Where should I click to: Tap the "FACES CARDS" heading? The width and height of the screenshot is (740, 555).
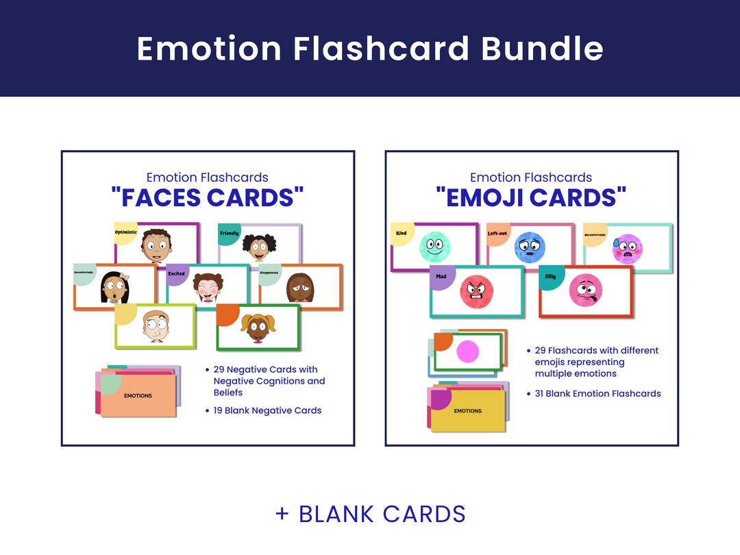click(208, 197)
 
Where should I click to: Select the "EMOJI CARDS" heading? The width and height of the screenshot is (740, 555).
click(531, 197)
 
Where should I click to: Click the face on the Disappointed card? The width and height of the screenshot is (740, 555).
click(299, 287)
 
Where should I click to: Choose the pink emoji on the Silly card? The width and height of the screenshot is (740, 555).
click(585, 291)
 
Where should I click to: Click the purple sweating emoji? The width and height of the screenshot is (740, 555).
click(627, 248)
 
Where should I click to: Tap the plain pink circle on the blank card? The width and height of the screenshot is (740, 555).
click(467, 352)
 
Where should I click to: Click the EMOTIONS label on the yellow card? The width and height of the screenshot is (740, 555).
click(468, 411)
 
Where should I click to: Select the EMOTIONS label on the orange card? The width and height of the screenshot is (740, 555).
click(138, 395)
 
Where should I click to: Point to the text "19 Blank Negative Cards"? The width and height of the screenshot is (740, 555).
click(267, 410)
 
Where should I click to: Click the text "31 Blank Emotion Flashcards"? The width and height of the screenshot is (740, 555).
click(597, 393)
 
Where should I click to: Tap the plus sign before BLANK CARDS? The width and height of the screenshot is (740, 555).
click(282, 514)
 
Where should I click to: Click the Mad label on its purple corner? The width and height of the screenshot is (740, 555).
click(441, 277)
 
